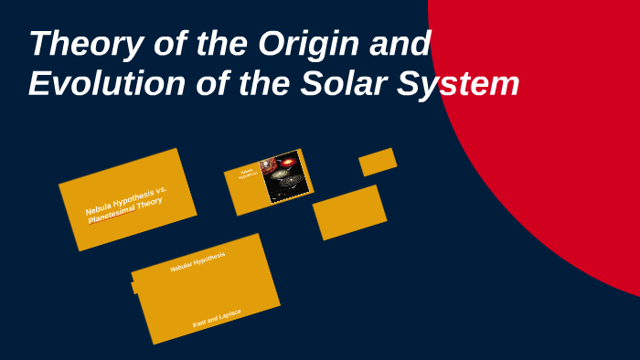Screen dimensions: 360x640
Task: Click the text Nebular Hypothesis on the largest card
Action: point(197,262)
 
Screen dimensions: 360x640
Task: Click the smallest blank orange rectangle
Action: point(378,162)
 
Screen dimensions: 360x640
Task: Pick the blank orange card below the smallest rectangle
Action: point(348,212)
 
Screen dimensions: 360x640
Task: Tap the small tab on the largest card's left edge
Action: point(135,287)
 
